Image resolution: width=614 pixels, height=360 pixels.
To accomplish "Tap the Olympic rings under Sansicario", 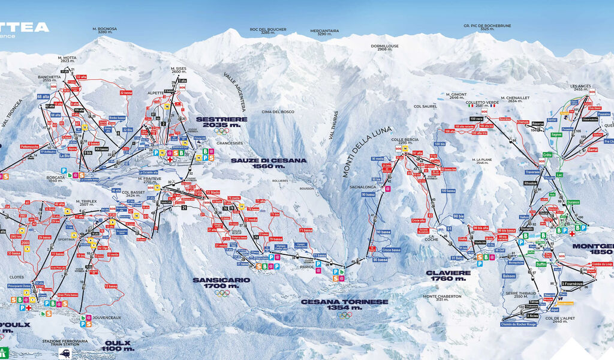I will [x=222, y=293].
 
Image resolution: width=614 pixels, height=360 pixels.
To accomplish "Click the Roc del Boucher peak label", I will [x=268, y=31].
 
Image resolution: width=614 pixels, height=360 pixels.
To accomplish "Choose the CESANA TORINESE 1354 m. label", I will [x=344, y=304].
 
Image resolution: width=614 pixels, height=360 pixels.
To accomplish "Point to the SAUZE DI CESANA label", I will [x=269, y=163].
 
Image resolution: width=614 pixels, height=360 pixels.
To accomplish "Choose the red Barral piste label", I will [x=593, y=149].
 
